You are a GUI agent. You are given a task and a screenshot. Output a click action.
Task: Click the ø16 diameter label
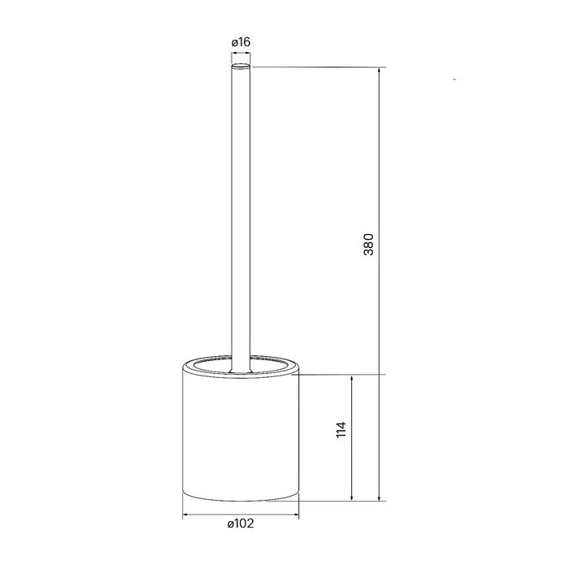[240, 42]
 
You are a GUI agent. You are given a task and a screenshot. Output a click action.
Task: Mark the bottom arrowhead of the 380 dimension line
[380, 496]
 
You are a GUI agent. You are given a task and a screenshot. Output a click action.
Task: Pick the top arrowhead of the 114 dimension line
[351, 379]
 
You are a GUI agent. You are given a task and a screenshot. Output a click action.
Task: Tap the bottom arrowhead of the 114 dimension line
[351, 496]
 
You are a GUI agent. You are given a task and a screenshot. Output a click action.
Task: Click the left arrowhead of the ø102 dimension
[187, 514]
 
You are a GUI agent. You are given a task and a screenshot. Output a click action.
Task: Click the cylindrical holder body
[240, 439]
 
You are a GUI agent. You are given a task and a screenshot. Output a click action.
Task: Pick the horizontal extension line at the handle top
[317, 67]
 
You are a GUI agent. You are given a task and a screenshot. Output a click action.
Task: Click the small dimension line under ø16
[241, 54]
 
